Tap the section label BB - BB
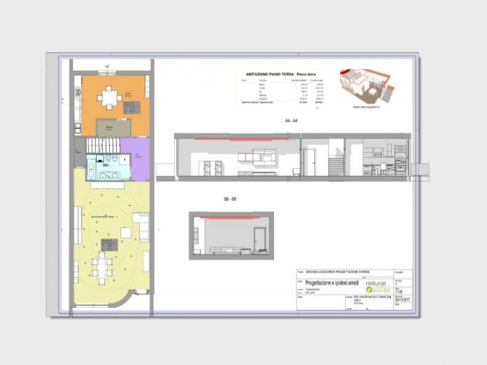(x=230, y=199)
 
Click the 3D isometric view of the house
(x=367, y=86)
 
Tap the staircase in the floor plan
(x=103, y=145)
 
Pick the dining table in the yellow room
(x=103, y=265)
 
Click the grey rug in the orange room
(x=113, y=127)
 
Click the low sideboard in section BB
(x=224, y=249)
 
